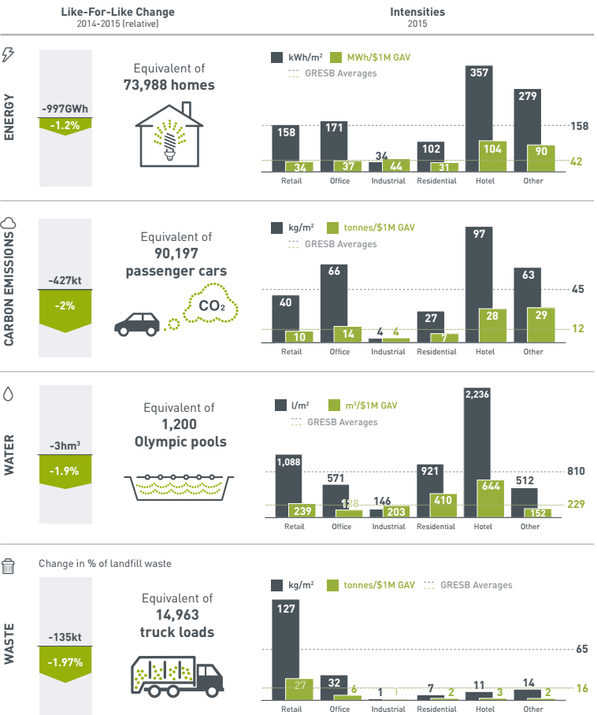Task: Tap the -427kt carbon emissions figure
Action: coord(65,280)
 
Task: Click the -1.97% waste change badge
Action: coord(65,663)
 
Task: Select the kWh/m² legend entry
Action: coord(292,57)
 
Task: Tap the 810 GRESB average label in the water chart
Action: coord(576,472)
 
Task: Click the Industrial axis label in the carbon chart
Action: coord(388,351)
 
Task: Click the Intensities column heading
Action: coord(417,12)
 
